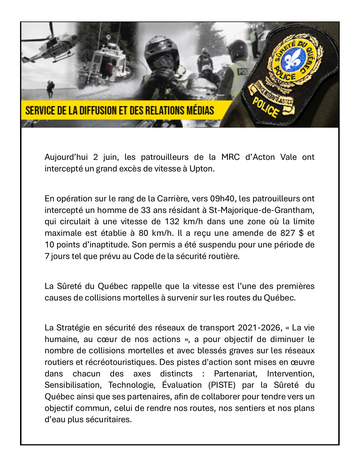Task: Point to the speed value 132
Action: [x=172, y=222]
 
